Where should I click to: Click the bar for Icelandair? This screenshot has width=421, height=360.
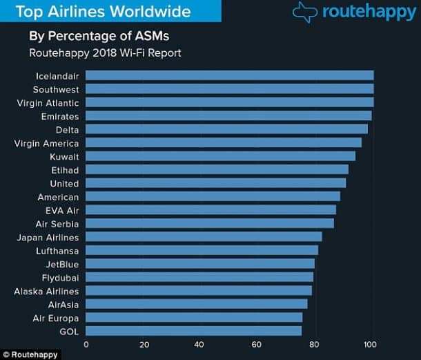(x=229, y=75)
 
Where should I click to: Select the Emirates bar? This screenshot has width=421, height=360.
(x=228, y=116)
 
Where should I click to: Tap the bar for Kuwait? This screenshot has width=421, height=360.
(x=220, y=156)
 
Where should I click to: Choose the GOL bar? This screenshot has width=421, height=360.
(x=193, y=331)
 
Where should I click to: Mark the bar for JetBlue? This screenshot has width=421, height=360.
(x=199, y=264)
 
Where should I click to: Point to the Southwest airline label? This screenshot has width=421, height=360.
(x=56, y=90)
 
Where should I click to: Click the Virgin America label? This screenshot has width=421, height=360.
(x=46, y=144)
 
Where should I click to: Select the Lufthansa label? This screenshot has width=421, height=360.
(x=57, y=251)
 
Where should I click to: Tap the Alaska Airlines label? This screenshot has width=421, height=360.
(x=46, y=292)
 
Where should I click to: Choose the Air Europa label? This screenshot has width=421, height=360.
(x=56, y=319)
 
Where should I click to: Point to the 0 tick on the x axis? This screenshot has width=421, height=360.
(x=86, y=344)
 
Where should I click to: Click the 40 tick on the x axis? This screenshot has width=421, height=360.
(x=199, y=344)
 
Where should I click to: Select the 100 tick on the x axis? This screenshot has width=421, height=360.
(x=370, y=344)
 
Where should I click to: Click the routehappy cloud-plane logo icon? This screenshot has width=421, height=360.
(x=305, y=12)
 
